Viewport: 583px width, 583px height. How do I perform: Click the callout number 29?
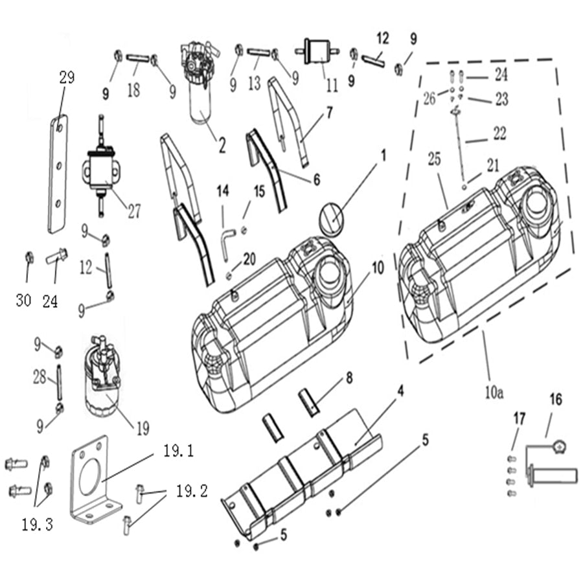click(67, 78)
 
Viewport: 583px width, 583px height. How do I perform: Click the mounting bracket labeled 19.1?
click(91, 479)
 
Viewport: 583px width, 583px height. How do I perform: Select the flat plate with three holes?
click(58, 174)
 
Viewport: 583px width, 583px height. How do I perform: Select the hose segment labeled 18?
click(138, 59)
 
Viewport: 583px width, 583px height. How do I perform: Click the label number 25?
click(435, 159)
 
